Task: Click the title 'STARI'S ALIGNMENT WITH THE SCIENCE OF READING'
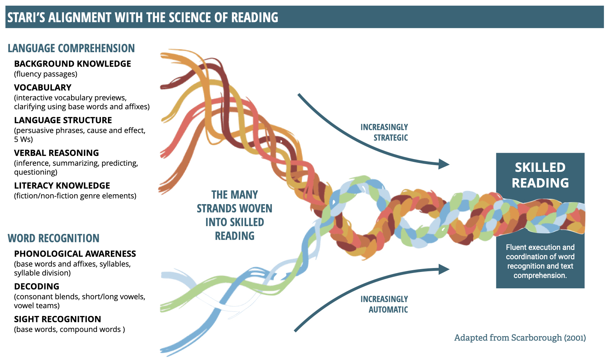[x=143, y=17]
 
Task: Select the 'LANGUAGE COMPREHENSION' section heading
[x=71, y=48]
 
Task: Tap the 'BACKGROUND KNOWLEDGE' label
[x=72, y=64]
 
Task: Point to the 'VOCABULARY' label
[x=43, y=88]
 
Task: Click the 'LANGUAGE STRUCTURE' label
[x=63, y=120]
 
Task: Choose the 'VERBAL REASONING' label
[x=56, y=153]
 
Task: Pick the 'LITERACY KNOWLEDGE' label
[x=62, y=186]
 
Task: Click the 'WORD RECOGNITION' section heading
[x=54, y=238]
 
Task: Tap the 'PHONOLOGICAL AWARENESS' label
[x=75, y=254]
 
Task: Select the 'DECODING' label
[x=37, y=287]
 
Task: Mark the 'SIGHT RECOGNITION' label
[x=58, y=319]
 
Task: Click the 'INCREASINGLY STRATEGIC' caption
[x=384, y=132]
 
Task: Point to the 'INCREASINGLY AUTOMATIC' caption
[x=384, y=304]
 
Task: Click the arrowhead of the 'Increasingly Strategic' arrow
[x=444, y=164]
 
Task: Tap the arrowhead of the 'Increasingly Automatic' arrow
[x=444, y=269]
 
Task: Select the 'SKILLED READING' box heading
[x=540, y=175]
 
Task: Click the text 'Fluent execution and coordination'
[x=540, y=252]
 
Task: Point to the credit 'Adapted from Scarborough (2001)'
[x=520, y=338]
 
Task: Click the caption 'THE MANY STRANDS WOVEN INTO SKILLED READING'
[x=235, y=215]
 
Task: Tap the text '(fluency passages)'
[x=46, y=74]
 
